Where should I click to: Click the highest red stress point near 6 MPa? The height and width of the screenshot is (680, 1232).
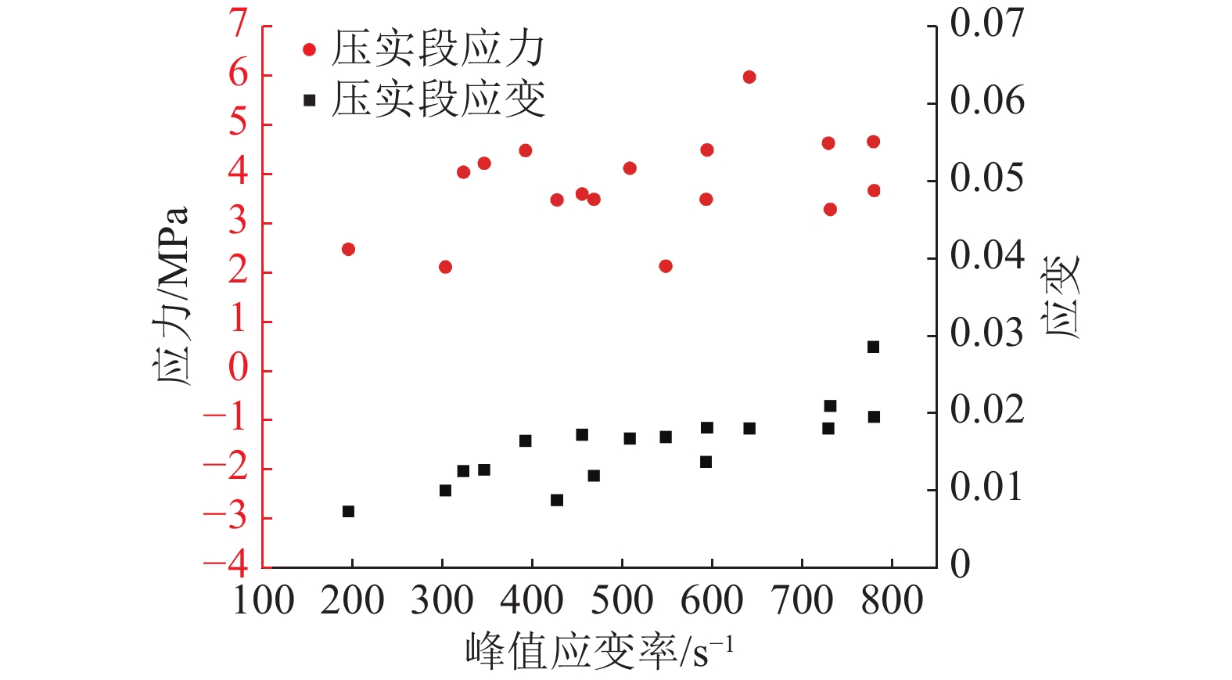[x=749, y=77]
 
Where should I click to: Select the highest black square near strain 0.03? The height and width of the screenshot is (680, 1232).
[x=873, y=347]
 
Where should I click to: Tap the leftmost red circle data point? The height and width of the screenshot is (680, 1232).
[x=348, y=249]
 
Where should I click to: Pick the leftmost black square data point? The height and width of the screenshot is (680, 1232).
[x=348, y=512]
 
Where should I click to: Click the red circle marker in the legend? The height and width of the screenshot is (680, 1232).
[x=309, y=50]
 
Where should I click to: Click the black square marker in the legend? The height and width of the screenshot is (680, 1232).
[x=309, y=100]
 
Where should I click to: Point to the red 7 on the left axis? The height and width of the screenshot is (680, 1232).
[x=238, y=25]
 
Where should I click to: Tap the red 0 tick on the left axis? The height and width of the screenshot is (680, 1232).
[x=238, y=368]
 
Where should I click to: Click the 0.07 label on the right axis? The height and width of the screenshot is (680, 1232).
[x=986, y=23]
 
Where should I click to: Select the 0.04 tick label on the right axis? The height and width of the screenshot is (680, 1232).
[x=986, y=256]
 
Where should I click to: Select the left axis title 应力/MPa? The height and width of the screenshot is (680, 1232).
[x=171, y=297]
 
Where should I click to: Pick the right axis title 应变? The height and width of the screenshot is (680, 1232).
[x=1061, y=297]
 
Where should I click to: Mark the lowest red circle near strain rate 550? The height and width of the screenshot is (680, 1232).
[x=666, y=266]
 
